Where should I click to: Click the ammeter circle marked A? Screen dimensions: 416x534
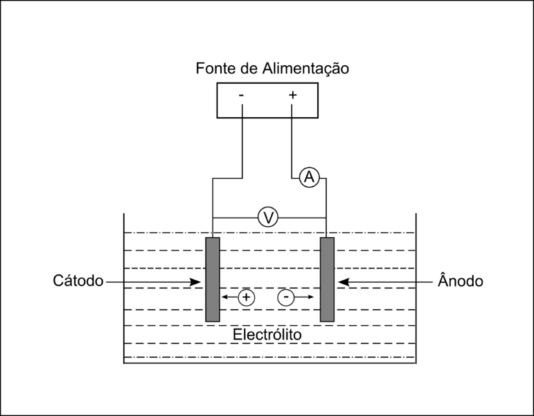point(309,178)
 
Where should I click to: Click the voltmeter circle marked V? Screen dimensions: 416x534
point(268,218)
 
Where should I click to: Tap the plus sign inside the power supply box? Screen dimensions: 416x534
point(292,95)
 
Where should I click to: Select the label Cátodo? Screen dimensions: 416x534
point(78,281)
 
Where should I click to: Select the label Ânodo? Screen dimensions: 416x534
point(461,281)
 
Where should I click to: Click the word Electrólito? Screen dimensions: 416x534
point(267,335)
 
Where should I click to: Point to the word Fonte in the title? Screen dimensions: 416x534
point(215,69)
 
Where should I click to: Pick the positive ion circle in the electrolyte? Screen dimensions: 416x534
point(246,297)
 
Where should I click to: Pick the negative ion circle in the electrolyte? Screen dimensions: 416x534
point(286,297)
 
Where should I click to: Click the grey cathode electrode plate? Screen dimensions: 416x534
point(213,279)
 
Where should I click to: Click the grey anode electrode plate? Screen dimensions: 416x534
point(327,279)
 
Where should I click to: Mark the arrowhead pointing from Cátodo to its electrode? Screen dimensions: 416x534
point(196,281)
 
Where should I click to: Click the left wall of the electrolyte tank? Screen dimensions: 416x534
point(124,291)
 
